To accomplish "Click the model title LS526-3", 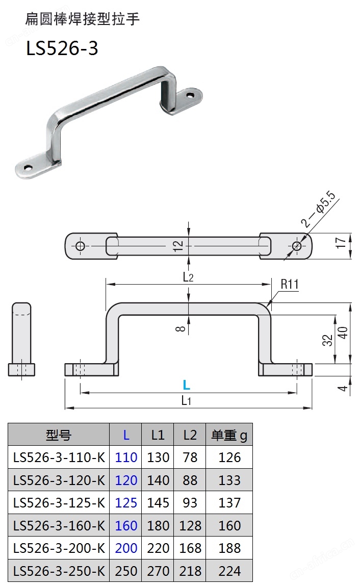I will click(62, 48).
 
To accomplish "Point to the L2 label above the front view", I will click(188, 277).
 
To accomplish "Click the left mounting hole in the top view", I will click(80, 246).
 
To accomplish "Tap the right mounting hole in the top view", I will click(297, 246).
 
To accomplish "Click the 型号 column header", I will click(59, 435).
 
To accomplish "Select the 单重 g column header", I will click(229, 435).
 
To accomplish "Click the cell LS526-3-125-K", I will click(59, 503).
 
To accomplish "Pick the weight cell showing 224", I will click(229, 571).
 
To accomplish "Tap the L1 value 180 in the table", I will click(158, 525).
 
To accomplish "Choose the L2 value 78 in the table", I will click(189, 457).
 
